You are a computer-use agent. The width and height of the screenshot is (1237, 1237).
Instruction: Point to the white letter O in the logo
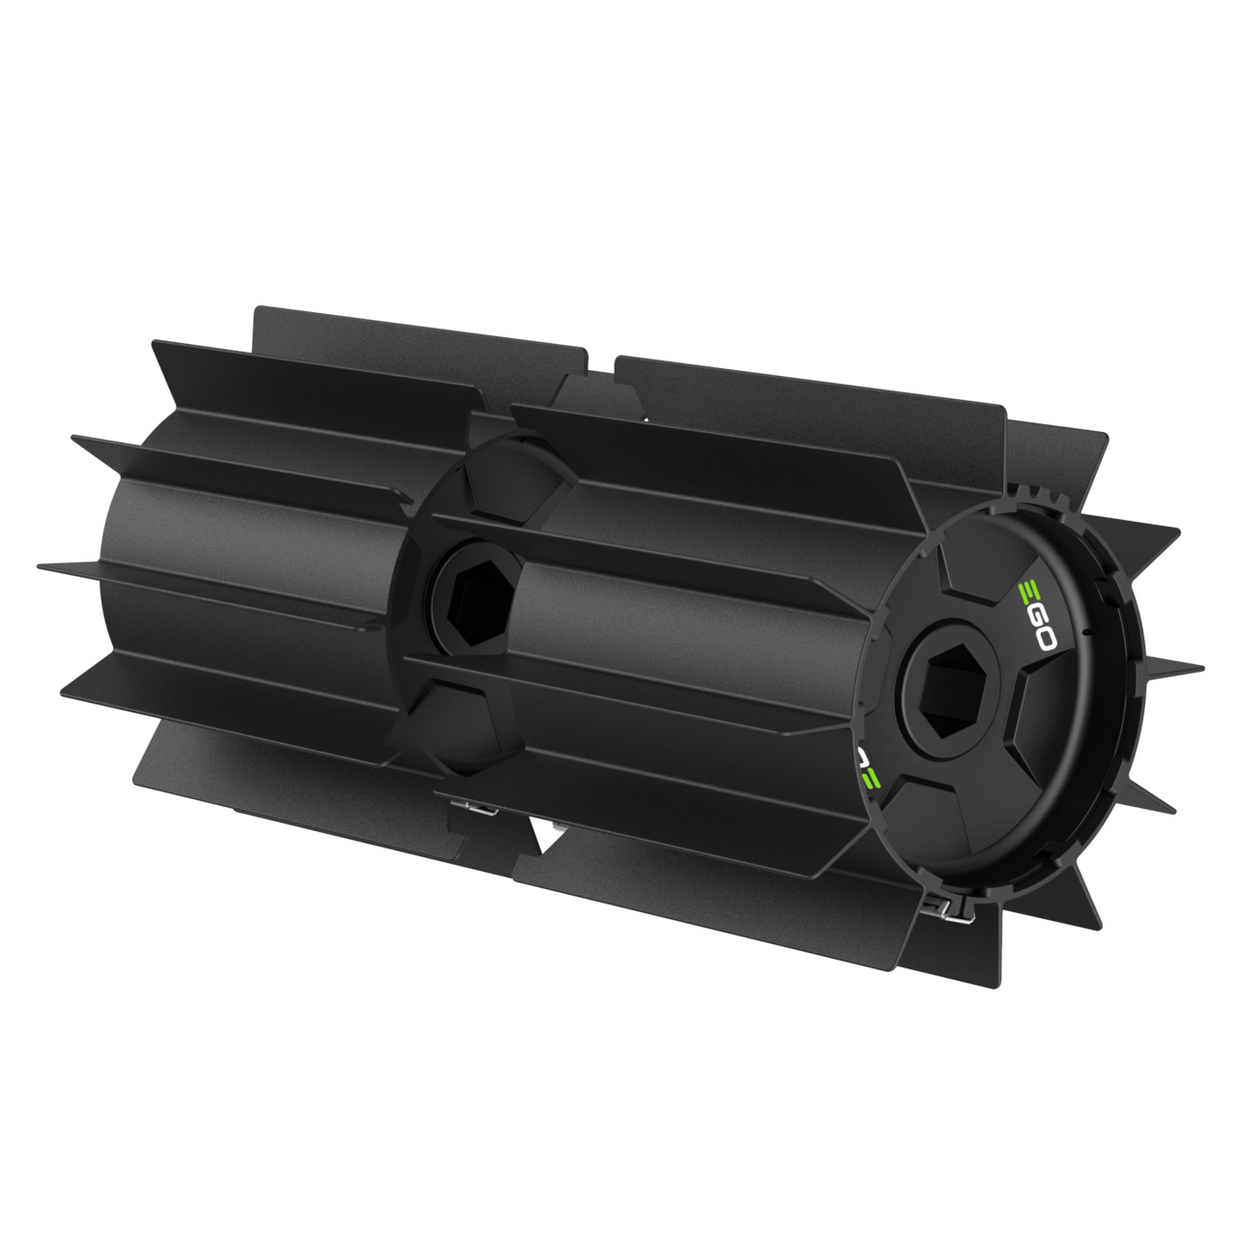[x=1042, y=640]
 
